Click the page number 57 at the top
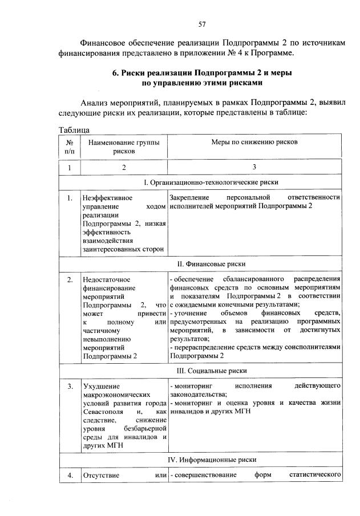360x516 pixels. [x=201, y=24]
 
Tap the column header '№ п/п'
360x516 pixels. [x=69, y=147]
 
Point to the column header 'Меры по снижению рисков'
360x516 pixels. [x=255, y=142]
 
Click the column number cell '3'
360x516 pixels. [x=255, y=168]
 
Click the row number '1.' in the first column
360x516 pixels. [x=69, y=198]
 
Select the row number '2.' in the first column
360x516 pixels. [x=69, y=280]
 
